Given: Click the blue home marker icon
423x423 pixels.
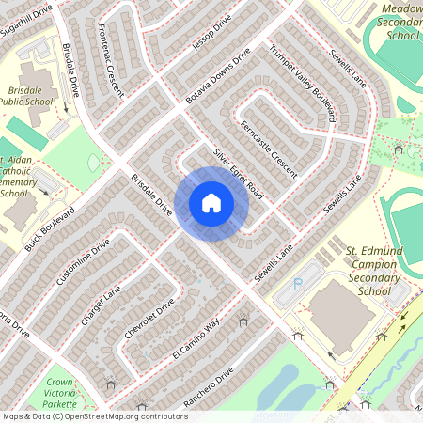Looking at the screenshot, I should pyautogui.click(x=211, y=203).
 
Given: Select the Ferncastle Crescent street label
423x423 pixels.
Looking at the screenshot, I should pyautogui.click(x=268, y=149).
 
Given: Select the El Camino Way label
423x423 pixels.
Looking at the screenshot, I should pyautogui.click(x=194, y=340).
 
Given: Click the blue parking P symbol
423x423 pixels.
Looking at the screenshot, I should pyautogui.click(x=299, y=282).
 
